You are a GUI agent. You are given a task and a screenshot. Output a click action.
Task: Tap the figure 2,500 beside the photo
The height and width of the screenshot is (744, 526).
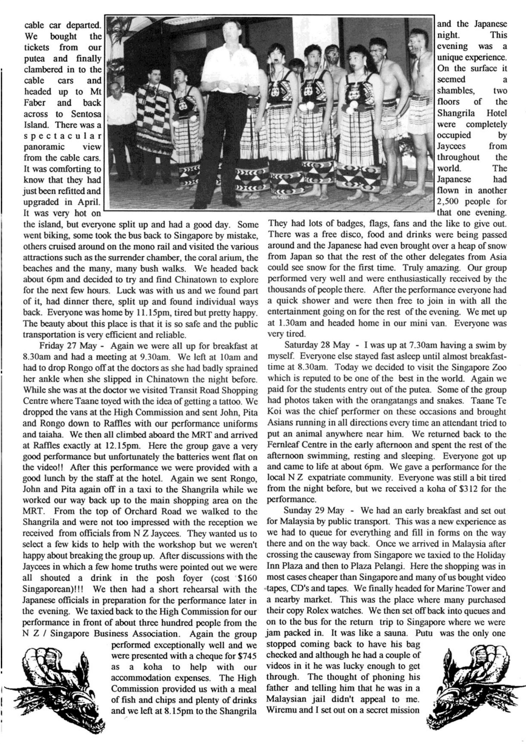click(448, 202)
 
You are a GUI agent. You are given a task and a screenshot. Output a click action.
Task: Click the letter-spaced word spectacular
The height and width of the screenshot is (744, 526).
click(62, 136)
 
